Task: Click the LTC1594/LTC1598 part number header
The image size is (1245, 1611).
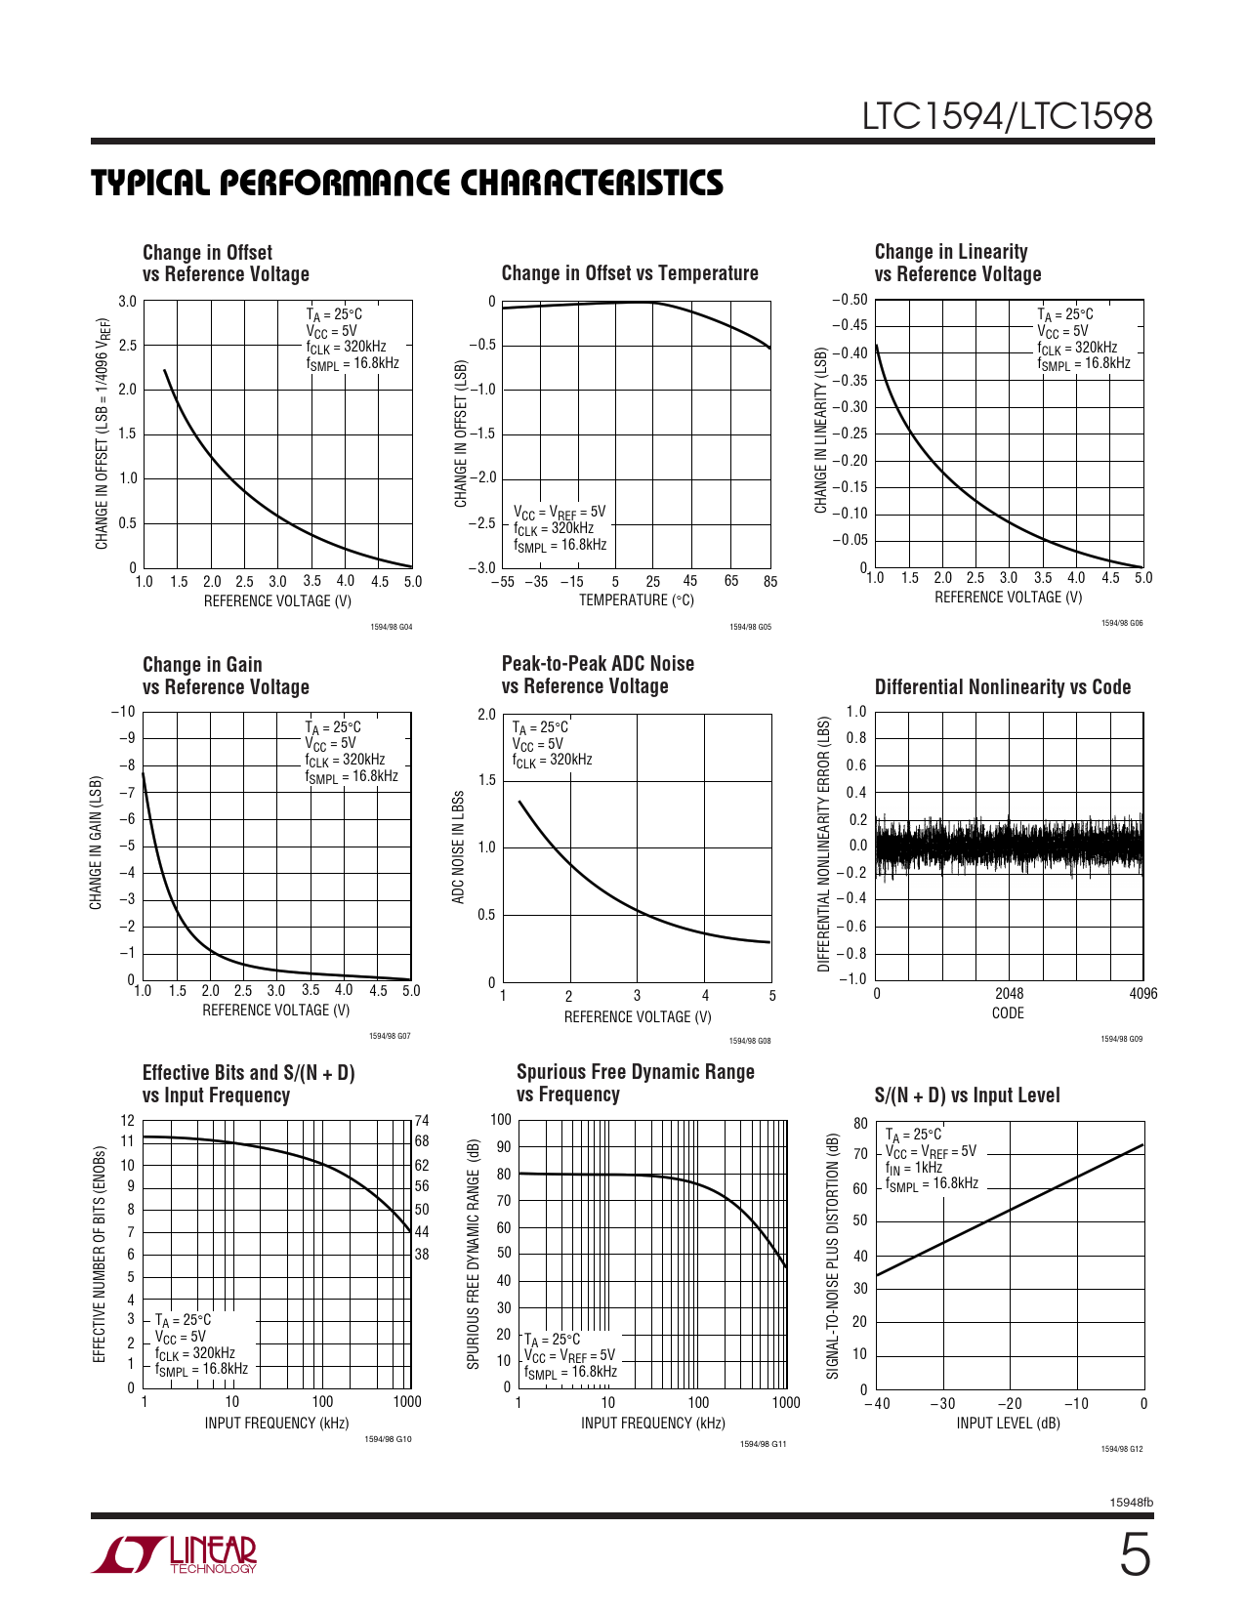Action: pyautogui.click(x=1007, y=116)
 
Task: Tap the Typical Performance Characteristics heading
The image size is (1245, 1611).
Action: pyautogui.click(x=407, y=183)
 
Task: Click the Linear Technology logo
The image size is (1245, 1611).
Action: pyautogui.click(x=175, y=1554)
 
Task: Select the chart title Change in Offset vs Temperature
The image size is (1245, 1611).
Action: pyautogui.click(x=630, y=273)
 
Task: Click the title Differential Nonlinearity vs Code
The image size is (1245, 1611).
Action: pyautogui.click(x=1002, y=686)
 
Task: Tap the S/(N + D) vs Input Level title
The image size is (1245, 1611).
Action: pyautogui.click(x=967, y=1095)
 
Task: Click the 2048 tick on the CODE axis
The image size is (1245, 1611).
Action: pyautogui.click(x=1009, y=994)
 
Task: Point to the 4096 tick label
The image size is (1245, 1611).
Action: pyautogui.click(x=1142, y=994)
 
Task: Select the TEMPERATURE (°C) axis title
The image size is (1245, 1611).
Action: pyautogui.click(x=636, y=600)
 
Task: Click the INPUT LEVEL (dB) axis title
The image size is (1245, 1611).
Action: pyautogui.click(x=1008, y=1424)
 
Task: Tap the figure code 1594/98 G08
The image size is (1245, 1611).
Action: pyautogui.click(x=750, y=1041)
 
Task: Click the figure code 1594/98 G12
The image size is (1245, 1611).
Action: pyautogui.click(x=1122, y=1449)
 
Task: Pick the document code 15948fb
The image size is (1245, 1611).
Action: pyautogui.click(x=1132, y=1503)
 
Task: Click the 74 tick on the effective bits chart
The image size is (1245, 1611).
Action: pyautogui.click(x=422, y=1121)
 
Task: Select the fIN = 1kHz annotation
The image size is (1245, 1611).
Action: pyautogui.click(x=914, y=1168)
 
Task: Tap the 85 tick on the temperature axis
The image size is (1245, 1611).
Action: pyautogui.click(x=770, y=582)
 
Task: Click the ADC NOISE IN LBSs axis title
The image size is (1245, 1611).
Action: pyautogui.click(x=458, y=847)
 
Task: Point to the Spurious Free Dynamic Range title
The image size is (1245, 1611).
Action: pyautogui.click(x=635, y=1083)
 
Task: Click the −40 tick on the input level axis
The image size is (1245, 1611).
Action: pyautogui.click(x=878, y=1404)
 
